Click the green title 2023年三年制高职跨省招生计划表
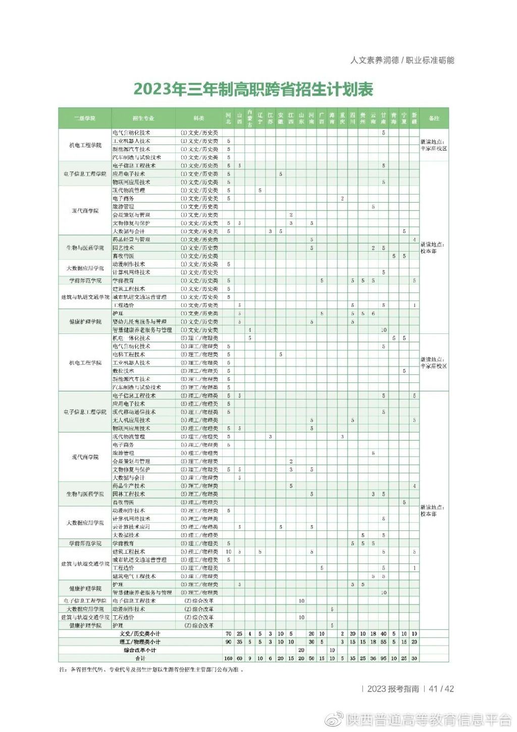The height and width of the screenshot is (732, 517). click(253, 89)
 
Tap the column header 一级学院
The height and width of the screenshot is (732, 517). click(85, 118)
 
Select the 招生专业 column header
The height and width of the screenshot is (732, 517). click(143, 118)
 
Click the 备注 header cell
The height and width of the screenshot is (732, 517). click(434, 118)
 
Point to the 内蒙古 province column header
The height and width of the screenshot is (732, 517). click(249, 118)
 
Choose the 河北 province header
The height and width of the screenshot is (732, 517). click(229, 118)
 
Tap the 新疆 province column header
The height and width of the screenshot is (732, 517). click(414, 118)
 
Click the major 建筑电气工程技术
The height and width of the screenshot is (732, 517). click(134, 576)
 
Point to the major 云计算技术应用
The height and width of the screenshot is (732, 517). click(131, 527)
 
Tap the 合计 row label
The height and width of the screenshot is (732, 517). click(140, 658)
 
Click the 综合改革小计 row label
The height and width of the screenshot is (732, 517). click(140, 650)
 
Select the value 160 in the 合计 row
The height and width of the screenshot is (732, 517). click(229, 658)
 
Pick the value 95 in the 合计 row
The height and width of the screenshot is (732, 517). click(383, 658)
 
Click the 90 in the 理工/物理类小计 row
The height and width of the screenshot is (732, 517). click(229, 642)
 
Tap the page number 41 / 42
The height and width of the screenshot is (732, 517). click(441, 689)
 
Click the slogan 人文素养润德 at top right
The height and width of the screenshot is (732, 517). click(375, 60)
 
